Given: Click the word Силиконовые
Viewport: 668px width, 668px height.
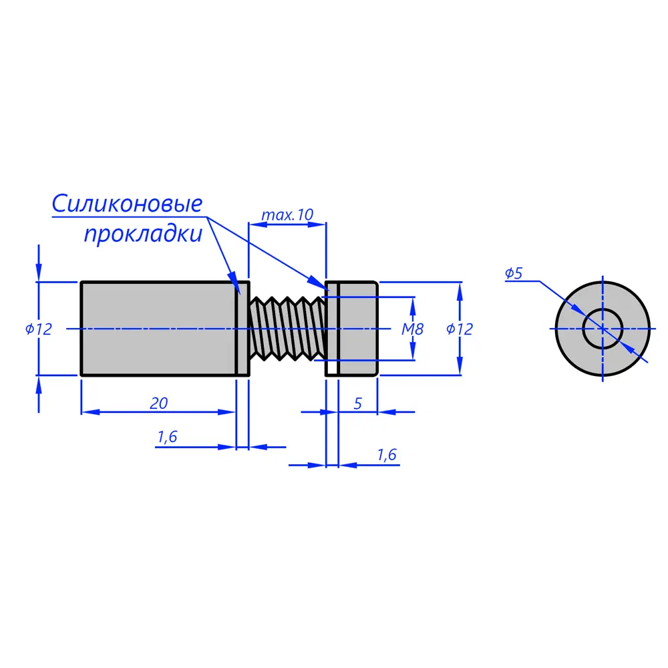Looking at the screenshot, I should pos(127,204).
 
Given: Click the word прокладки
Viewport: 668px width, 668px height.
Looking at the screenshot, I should pos(142,234).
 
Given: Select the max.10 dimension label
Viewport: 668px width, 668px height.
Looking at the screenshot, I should pos(287,215).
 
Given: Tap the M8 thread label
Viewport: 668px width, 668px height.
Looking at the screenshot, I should pos(412,329).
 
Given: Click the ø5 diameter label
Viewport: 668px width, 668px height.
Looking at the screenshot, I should pos(513,273).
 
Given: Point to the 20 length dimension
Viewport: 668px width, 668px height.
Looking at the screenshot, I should pos(158,403).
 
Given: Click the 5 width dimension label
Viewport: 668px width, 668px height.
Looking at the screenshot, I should pos(358,403).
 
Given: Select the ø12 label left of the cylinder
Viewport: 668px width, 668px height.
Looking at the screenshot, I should pos(39,329).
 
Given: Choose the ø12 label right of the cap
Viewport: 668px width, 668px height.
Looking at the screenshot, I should pos(459,329).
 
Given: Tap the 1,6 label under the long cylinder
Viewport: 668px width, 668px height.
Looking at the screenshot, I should pos(167,437).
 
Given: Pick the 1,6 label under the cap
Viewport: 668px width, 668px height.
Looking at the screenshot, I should pos(387,455).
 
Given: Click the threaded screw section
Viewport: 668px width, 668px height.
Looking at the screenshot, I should pos(287,329).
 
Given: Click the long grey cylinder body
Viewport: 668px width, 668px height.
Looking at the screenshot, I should pos(158,329).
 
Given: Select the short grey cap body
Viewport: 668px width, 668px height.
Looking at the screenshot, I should pos(359,329).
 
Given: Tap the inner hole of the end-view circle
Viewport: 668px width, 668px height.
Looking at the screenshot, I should pos(603,329).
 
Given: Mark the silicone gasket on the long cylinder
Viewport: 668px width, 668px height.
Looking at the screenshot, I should pos(243,329).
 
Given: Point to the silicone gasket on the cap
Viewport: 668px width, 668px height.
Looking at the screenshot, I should pos(332,329).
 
